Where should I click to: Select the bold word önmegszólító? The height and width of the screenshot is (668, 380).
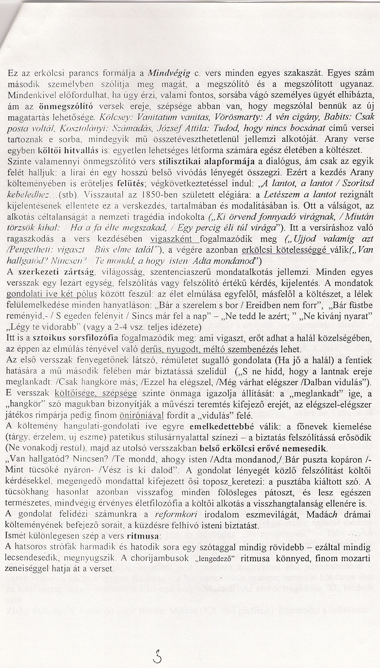(65, 106)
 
